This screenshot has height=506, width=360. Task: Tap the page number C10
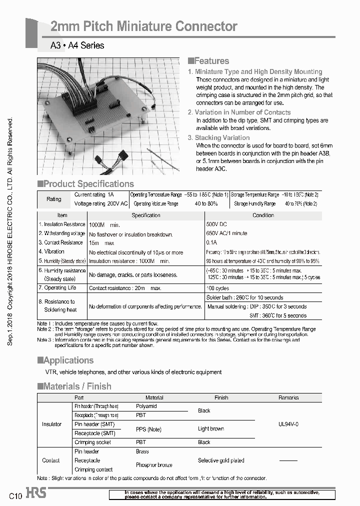[15, 496]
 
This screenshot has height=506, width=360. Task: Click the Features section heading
[208, 61]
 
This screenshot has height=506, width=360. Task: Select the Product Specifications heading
[86, 184]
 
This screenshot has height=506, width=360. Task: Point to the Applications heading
[65, 360]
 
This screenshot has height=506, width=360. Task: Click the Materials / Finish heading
[74, 386]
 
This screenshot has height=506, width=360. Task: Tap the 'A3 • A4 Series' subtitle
[77, 45]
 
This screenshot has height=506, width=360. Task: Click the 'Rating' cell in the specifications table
[54, 199]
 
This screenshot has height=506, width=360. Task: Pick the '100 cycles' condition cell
[218, 288]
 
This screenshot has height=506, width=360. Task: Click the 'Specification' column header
[145, 215]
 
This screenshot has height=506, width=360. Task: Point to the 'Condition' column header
[263, 215]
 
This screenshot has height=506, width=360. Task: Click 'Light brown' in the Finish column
[211, 429]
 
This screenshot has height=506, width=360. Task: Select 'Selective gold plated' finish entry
[221, 460]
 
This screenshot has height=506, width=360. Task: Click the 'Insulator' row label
[52, 424]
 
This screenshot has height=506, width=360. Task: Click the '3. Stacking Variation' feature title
[218, 137]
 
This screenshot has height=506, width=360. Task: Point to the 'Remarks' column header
[288, 398]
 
